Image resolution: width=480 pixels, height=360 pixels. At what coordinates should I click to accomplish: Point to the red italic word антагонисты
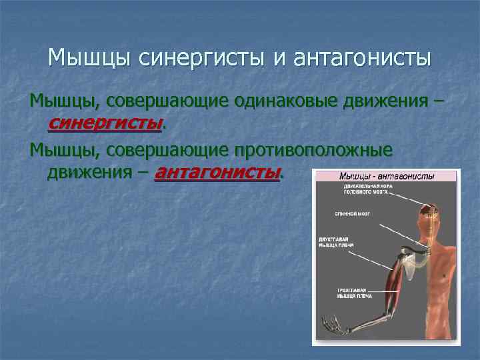click(x=217, y=173)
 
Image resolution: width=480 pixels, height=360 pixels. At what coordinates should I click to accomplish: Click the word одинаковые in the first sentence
click(x=286, y=101)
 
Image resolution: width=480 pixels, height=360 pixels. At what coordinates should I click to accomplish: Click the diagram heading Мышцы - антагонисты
click(x=387, y=177)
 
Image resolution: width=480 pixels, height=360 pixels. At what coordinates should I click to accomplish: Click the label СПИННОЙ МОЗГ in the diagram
click(x=353, y=214)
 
